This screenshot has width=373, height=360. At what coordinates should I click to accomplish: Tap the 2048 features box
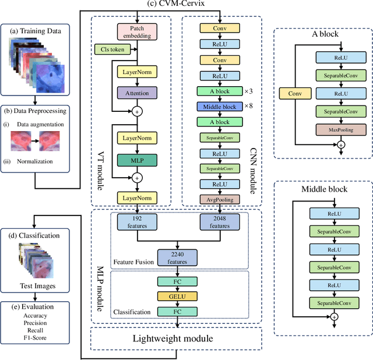coord(220,221)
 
